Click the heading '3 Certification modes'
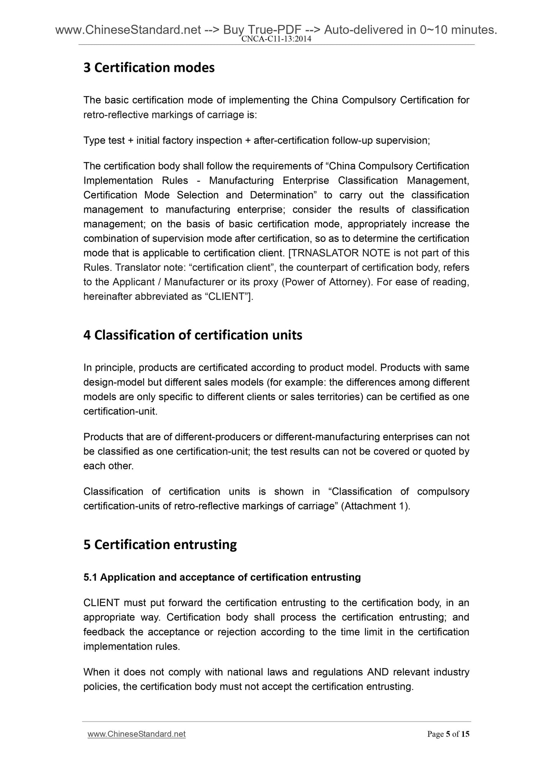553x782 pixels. pos(149,68)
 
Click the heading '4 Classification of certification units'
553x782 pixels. pos(192,335)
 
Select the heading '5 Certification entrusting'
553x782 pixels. pos(160,544)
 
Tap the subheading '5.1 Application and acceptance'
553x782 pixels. pos(222,577)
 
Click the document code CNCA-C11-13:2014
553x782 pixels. pos(276,39)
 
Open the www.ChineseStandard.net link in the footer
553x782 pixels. pos(137,734)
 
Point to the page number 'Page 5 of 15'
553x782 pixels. pos(448,734)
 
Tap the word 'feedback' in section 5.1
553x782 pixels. pos(103,632)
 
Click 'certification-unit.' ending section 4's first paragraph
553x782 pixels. pos(121,412)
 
